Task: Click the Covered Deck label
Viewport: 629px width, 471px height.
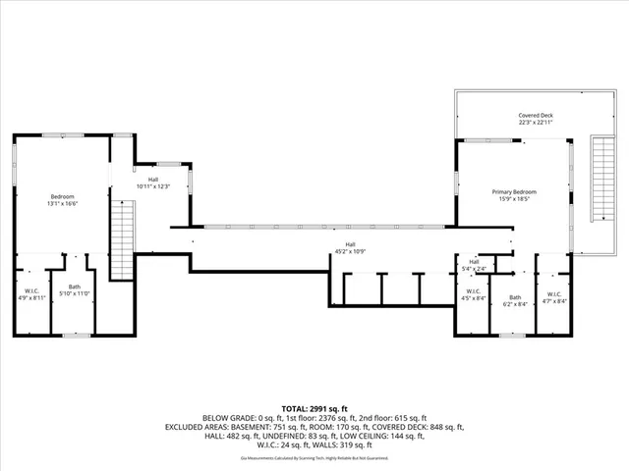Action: coord(536,115)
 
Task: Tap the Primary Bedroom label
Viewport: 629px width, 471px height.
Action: coord(514,191)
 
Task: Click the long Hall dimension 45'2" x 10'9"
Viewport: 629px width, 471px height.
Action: coord(350,251)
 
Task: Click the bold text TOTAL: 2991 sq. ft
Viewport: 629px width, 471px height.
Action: coord(314,408)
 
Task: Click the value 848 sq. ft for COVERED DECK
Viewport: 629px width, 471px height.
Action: coord(442,427)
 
